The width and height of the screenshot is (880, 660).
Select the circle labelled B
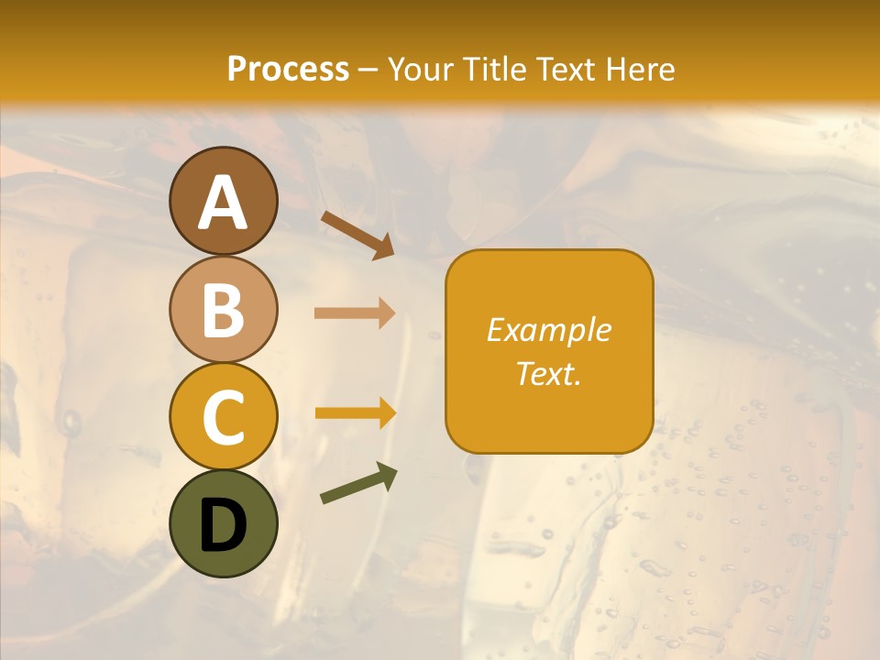click(x=223, y=309)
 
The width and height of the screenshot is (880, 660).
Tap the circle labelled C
click(x=223, y=416)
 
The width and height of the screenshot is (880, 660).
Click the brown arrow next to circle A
click(x=357, y=234)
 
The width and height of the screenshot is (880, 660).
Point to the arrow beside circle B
click(x=355, y=313)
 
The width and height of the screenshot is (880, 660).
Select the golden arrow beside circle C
click(x=355, y=413)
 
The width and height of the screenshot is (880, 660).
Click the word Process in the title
click(x=288, y=69)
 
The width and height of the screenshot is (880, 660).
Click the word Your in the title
click(x=423, y=69)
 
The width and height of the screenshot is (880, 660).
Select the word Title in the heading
click(x=497, y=69)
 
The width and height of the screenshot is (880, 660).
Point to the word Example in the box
click(x=549, y=330)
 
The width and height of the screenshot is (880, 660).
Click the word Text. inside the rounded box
click(x=549, y=373)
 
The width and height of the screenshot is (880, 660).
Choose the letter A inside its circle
click(x=223, y=203)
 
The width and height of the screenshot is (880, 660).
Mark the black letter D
click(x=223, y=525)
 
